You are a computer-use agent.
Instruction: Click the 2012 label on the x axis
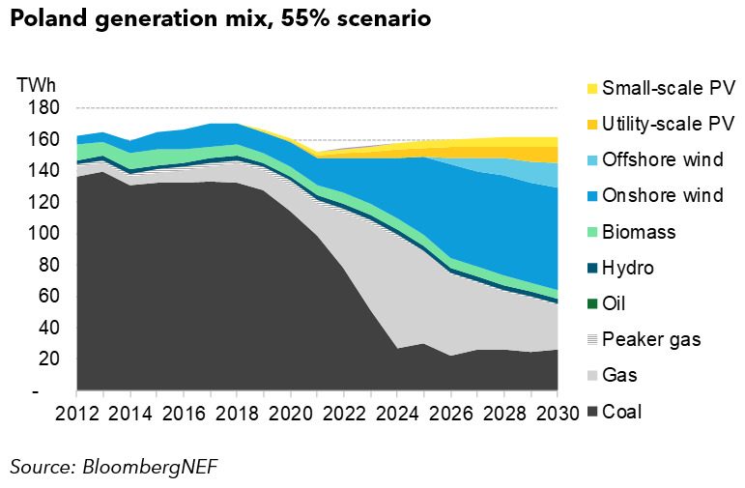click(x=76, y=414)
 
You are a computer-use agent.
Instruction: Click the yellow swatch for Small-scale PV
click(x=591, y=89)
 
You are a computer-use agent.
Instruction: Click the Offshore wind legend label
click(x=662, y=160)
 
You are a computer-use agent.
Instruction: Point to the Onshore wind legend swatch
click(x=591, y=196)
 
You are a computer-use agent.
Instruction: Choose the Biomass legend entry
click(x=639, y=232)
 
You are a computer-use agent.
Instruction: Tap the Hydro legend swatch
click(x=591, y=268)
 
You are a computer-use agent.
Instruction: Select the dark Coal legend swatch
click(x=591, y=412)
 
